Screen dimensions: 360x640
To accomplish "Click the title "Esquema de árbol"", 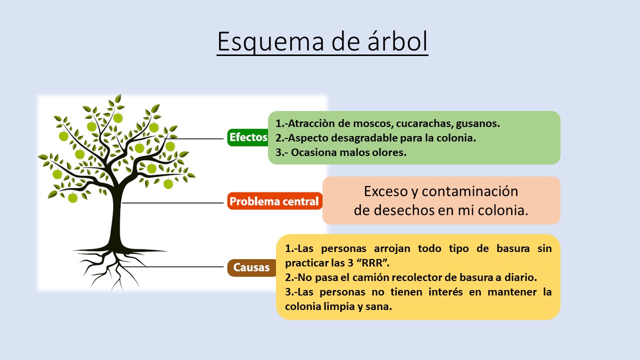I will point(322,41).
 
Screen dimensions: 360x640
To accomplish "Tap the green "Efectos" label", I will point(248,137).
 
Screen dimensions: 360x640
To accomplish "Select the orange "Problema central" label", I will point(274,201).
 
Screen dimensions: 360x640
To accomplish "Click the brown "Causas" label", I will point(251,267).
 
